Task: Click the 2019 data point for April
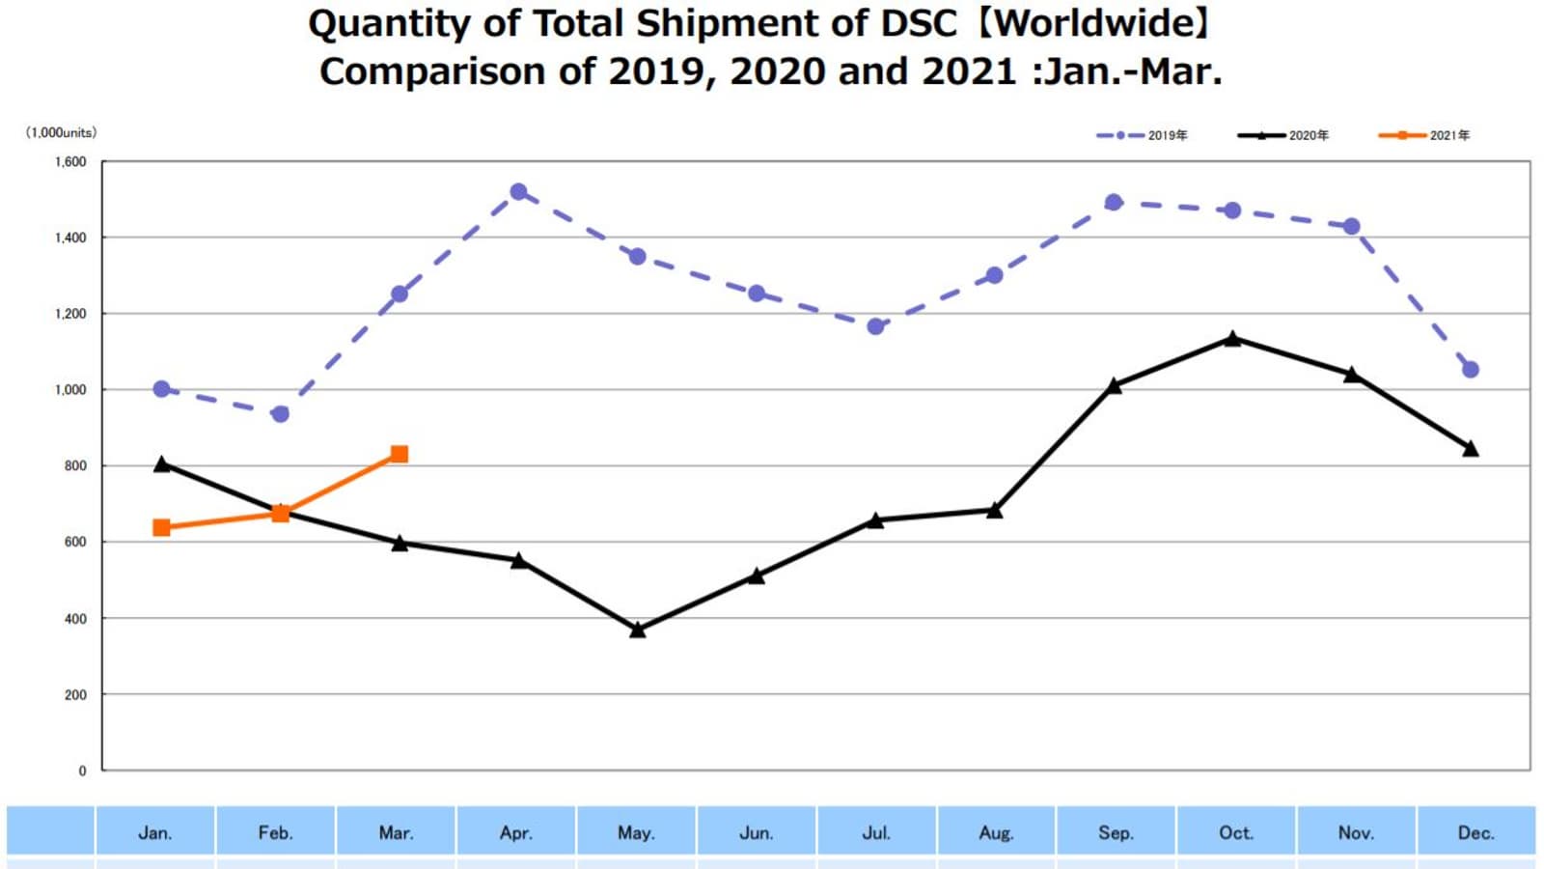[518, 192]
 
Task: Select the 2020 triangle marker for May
[637, 630]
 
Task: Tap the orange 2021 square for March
[400, 454]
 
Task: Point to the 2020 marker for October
[1232, 339]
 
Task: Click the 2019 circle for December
[1471, 370]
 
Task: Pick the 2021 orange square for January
[161, 527]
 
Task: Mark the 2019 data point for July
[875, 326]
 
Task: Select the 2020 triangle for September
[1114, 386]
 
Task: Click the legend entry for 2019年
[1143, 135]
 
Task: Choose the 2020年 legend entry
[1283, 135]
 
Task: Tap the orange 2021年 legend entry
[1424, 135]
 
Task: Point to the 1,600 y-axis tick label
[70, 162]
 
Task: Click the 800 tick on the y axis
[75, 465]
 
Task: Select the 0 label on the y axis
[82, 771]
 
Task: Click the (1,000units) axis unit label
[61, 132]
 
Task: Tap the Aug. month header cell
[996, 832]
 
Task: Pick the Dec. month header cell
[1475, 832]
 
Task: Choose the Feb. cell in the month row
[275, 832]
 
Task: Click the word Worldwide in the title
[1094, 23]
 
